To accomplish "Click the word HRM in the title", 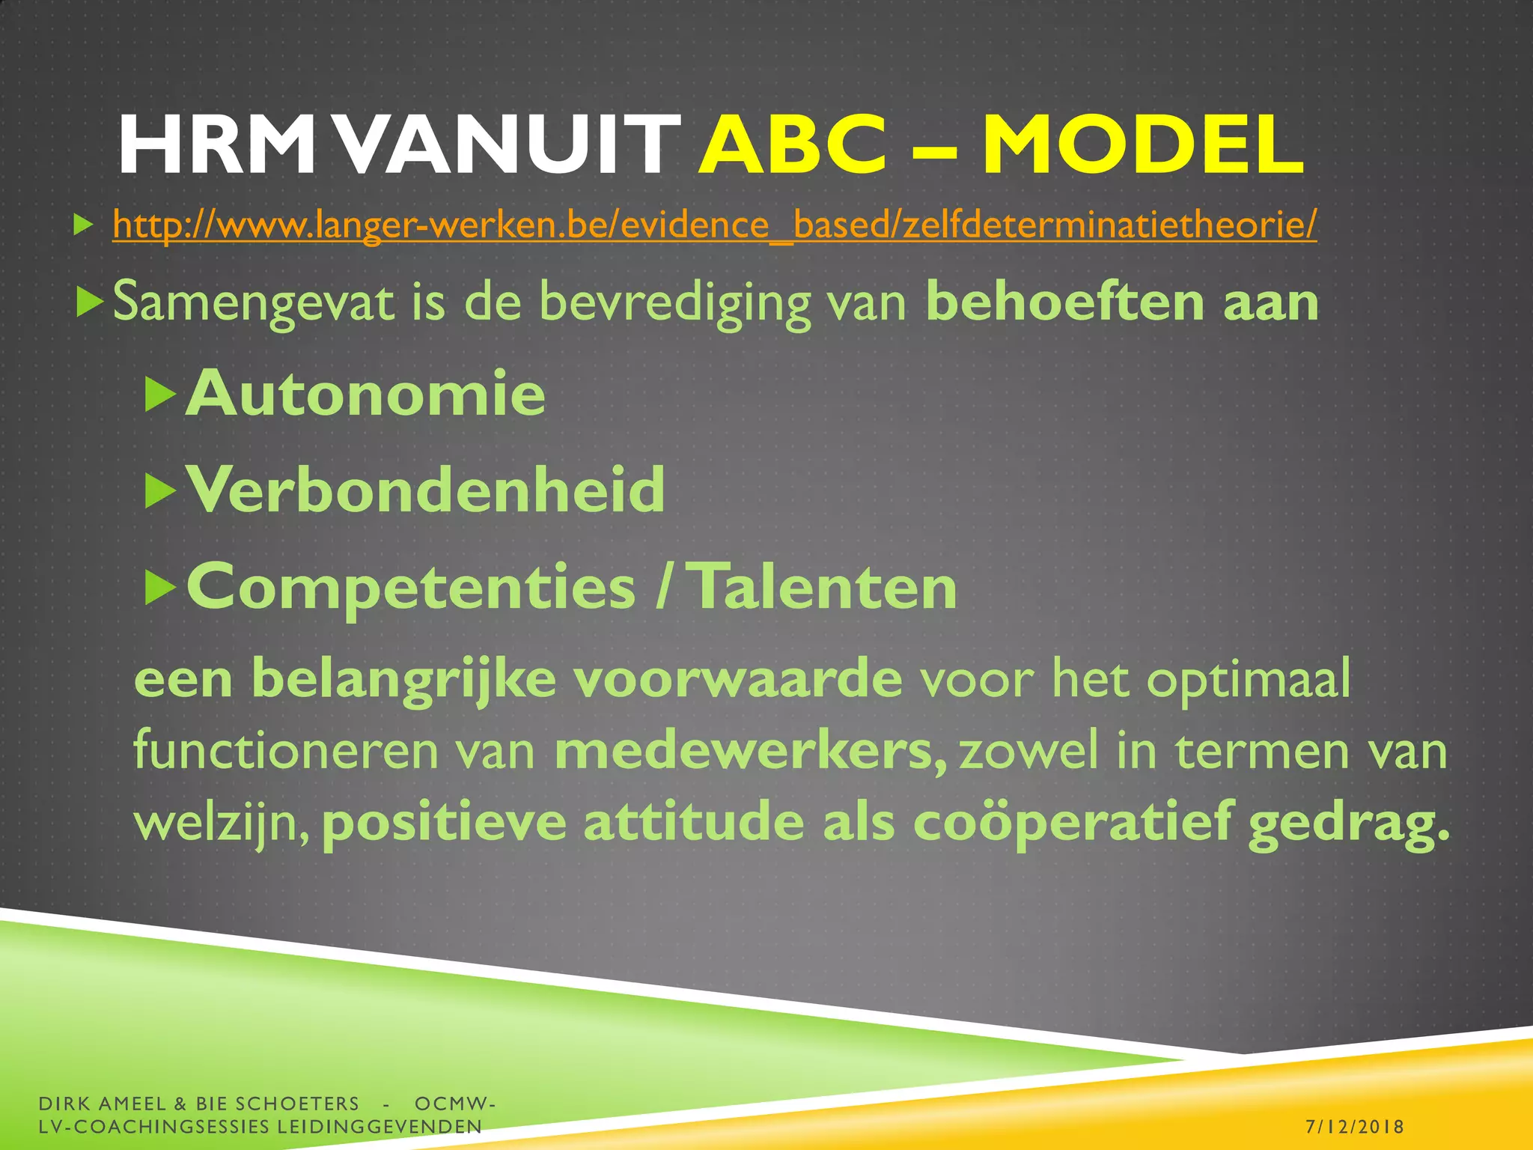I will coord(217,146).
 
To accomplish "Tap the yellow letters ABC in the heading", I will coord(793,146).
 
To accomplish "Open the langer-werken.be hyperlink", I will coord(714,225).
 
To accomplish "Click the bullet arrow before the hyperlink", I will coord(83,225).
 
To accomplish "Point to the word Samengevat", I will coord(253,302).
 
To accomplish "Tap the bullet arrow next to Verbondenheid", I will coord(159,491).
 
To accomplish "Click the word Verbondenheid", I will coord(425,491).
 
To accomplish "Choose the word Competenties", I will coord(411,588).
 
